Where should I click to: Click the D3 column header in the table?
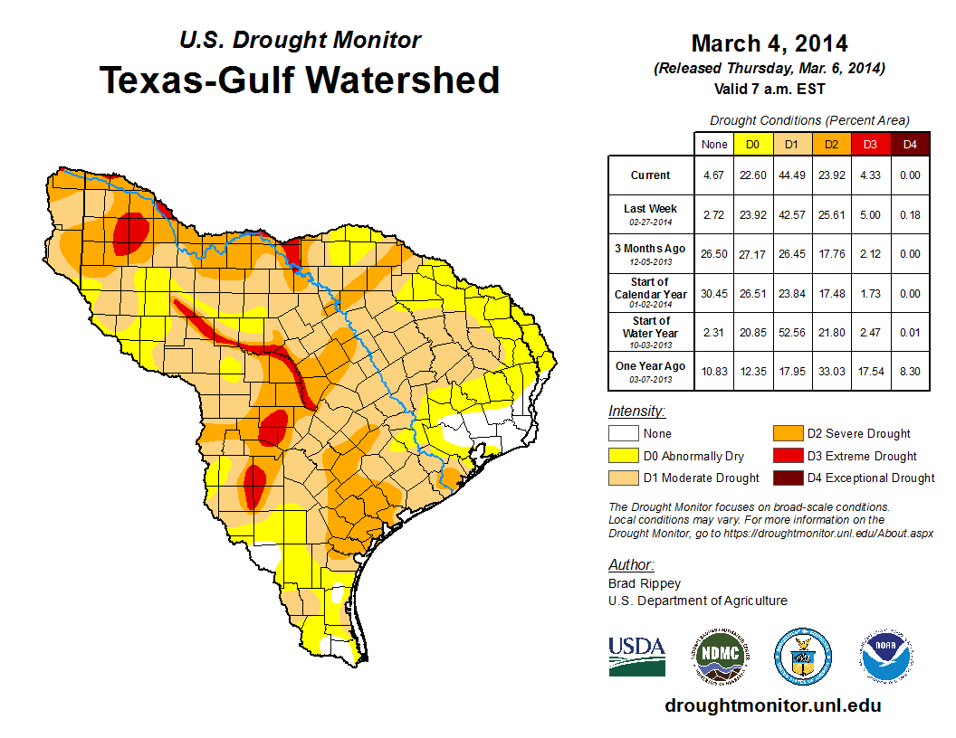pyautogui.click(x=870, y=144)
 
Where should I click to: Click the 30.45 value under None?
pyautogui.click(x=714, y=293)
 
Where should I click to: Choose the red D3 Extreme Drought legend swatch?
pyautogui.click(x=788, y=457)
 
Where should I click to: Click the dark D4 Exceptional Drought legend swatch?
pyautogui.click(x=788, y=478)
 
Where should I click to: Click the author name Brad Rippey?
pyautogui.click(x=645, y=583)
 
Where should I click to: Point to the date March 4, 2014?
pyautogui.click(x=769, y=43)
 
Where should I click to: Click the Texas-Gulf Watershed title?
pyautogui.click(x=300, y=80)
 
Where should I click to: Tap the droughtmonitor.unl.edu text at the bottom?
pyautogui.click(x=772, y=705)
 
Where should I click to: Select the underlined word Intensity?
pyautogui.click(x=636, y=412)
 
